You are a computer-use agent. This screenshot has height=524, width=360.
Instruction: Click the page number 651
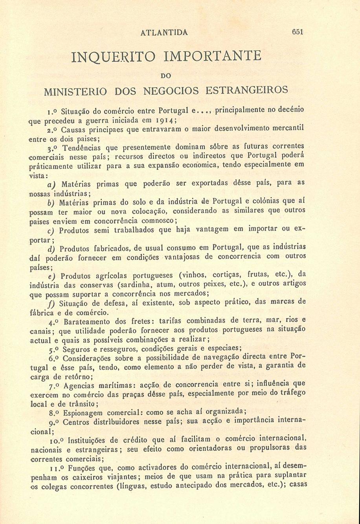[x=297, y=32]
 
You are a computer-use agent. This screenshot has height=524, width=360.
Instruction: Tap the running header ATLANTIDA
[x=164, y=32]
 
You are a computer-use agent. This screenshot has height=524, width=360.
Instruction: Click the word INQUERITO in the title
[x=110, y=56]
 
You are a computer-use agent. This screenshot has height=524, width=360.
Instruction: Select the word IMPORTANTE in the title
[x=212, y=55]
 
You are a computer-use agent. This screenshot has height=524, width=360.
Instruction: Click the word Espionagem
[x=81, y=412]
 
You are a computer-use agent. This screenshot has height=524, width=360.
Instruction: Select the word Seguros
[x=76, y=349]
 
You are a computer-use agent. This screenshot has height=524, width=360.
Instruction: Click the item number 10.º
[x=57, y=439]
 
